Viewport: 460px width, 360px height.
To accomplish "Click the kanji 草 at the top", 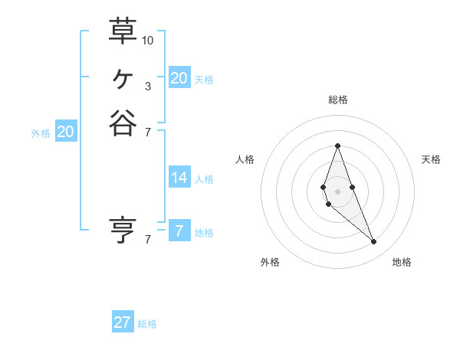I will [123, 31].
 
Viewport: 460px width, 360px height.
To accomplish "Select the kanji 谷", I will [123, 123].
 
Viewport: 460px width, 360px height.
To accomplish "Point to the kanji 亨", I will [123, 229].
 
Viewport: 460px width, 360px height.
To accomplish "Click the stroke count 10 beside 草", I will [148, 40].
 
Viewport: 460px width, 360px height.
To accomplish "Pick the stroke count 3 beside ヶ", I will [148, 86].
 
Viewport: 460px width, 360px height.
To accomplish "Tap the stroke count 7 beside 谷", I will [148, 132].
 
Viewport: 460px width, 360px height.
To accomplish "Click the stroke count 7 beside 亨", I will [148, 239].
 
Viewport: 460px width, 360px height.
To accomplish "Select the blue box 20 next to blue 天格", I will [179, 78].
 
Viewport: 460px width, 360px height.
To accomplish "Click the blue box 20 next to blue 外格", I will [66, 132].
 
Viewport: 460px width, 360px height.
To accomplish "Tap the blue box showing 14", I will [179, 178].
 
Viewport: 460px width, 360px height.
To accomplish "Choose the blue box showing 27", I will [123, 322].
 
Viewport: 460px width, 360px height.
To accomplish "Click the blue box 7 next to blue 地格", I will [179, 231].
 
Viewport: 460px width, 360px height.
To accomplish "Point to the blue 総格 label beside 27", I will [147, 324].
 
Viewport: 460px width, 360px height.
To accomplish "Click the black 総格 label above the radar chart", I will [337, 100].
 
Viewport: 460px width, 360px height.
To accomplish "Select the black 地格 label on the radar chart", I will [402, 262].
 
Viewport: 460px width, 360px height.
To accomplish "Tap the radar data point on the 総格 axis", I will [337, 146].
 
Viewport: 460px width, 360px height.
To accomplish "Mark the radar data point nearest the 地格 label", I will [373, 242].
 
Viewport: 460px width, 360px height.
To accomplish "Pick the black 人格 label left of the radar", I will [245, 159].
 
